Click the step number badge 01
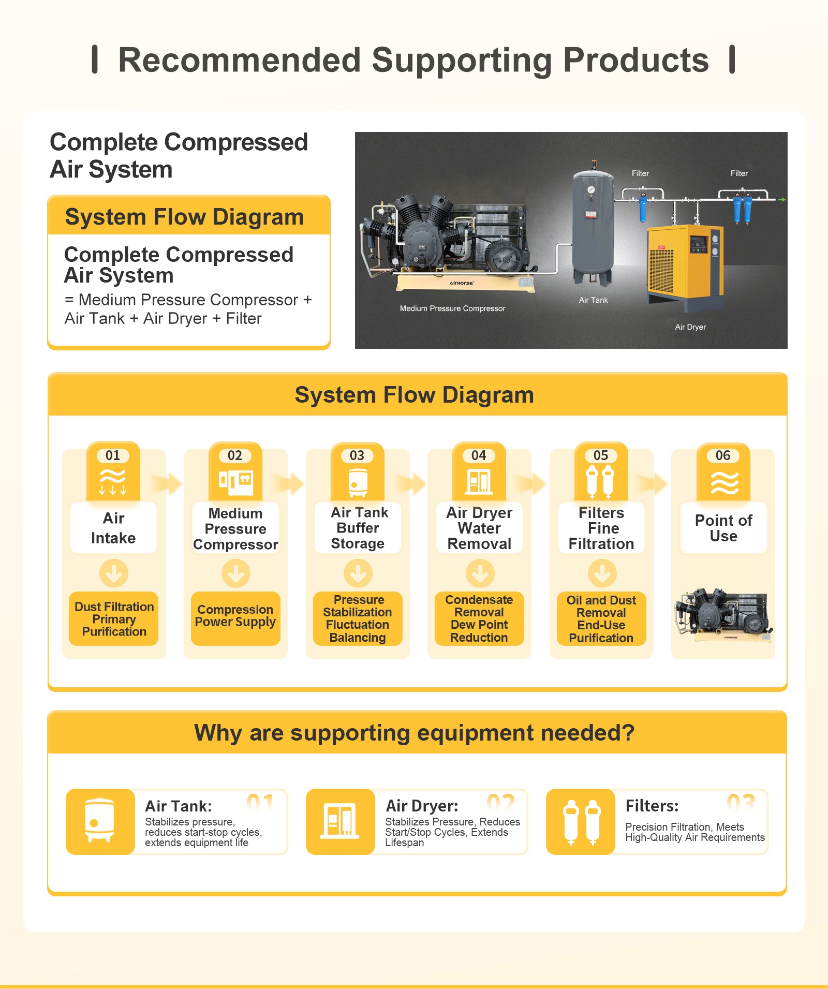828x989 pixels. pos(113,455)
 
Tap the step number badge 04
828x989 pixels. pos(479,455)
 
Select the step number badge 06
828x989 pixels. pos(723,455)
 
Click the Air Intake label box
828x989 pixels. pos(113,527)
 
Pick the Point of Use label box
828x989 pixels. pos(723,527)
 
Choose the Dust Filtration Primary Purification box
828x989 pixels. pos(114,618)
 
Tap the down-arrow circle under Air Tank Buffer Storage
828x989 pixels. pos(358,573)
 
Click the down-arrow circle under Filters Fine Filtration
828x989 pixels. pos(602,573)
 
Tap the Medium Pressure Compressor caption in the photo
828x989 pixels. pos(452,308)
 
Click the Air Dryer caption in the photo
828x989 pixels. pos(690,327)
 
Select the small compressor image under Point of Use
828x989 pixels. pos(723,615)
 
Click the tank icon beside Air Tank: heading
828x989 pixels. pos(100,821)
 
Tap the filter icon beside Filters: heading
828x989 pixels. pos(581,821)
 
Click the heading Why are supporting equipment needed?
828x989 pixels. pos(414,733)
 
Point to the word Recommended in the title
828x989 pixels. pos(240,60)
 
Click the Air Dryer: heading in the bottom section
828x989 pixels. pos(422,806)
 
